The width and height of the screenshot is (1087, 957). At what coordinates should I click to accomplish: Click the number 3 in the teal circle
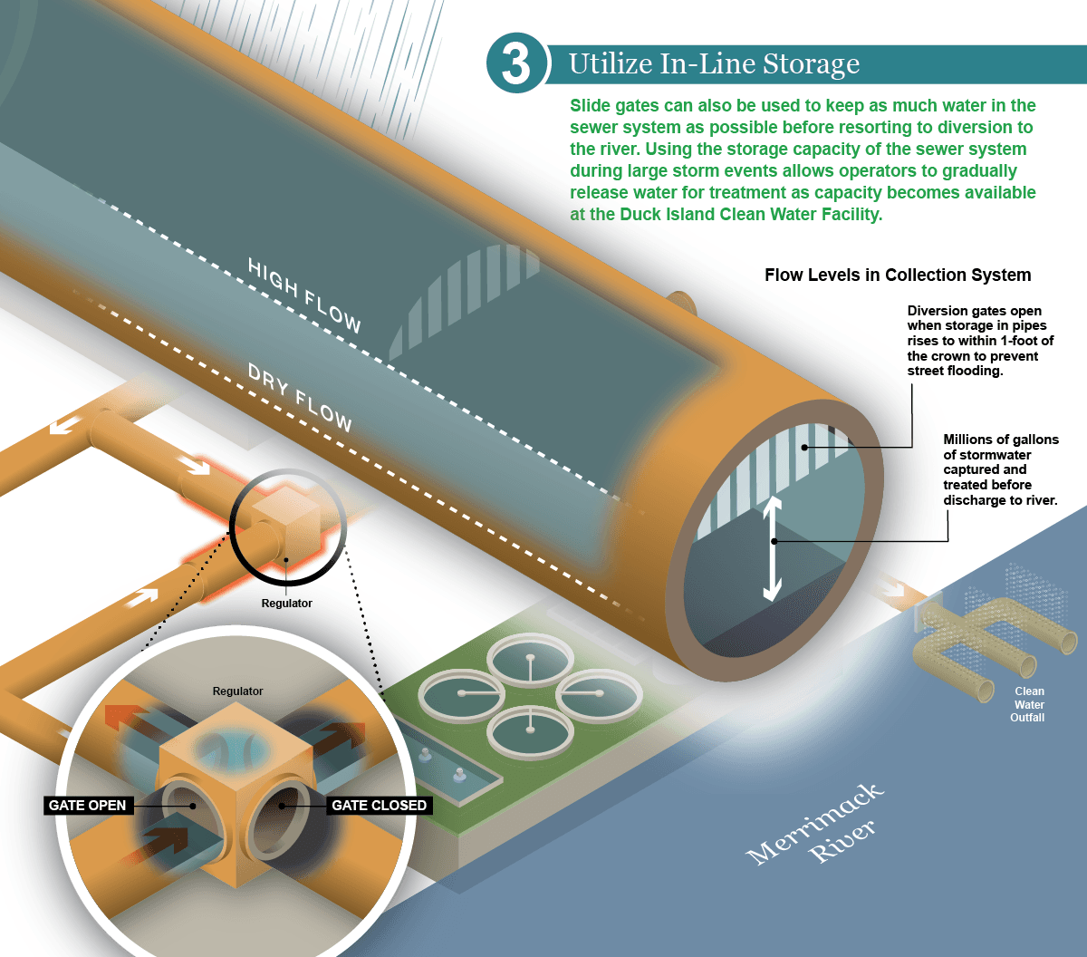pos(515,63)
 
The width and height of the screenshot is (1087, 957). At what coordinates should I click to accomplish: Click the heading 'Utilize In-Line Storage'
pos(714,64)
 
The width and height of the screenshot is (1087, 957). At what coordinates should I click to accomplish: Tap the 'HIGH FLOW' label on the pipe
pos(304,295)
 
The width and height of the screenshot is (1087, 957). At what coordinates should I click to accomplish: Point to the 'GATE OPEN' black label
pos(87,805)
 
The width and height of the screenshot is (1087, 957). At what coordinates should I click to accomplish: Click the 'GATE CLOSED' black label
pos(379,805)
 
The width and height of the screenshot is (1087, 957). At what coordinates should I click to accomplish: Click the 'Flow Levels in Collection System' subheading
pos(897,275)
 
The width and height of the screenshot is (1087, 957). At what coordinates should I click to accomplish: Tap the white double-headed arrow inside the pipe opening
pos(771,547)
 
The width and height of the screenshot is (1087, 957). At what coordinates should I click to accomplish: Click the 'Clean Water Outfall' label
pos(1028,704)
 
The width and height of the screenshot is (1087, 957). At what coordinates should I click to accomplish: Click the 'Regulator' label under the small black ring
pos(286,603)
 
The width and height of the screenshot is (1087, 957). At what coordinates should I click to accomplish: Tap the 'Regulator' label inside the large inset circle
pos(237,691)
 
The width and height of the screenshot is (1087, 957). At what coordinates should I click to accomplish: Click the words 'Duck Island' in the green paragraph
pos(667,215)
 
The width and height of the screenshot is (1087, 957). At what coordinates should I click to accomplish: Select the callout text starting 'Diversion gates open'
pos(980,341)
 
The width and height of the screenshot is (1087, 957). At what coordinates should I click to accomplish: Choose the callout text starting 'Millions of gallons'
pos(1000,469)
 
